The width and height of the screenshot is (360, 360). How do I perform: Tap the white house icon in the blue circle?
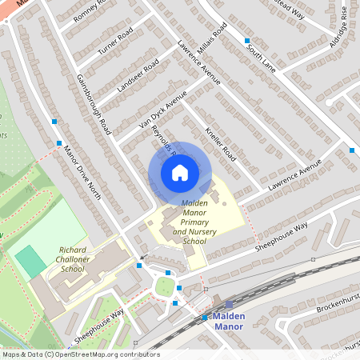(x=180, y=173)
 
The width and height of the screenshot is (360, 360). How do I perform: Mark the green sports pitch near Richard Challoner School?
(x=30, y=262)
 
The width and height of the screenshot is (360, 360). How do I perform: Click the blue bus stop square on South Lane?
(x=248, y=40)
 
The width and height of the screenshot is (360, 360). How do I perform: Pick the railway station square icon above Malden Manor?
(x=229, y=305)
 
